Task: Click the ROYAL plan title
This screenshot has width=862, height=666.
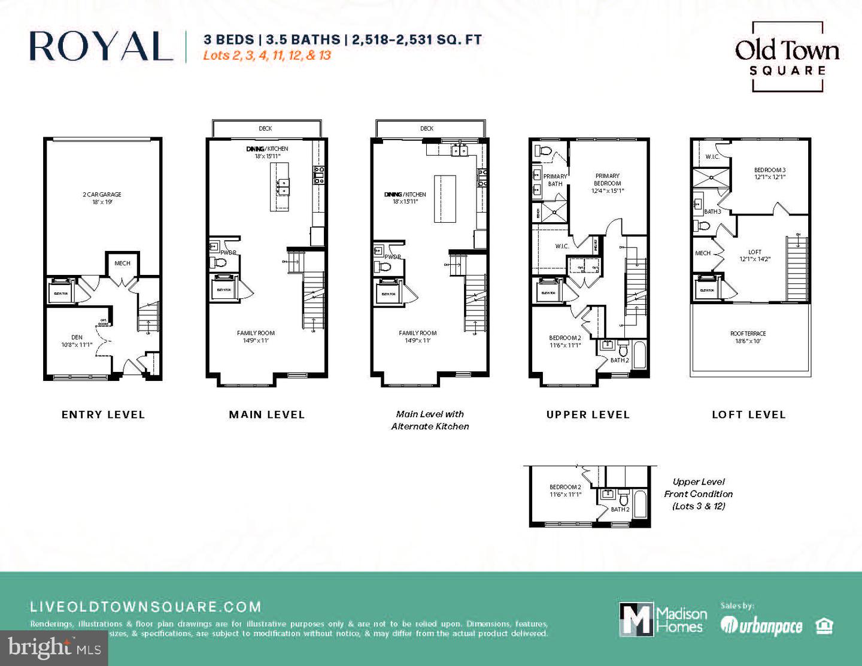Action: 101,46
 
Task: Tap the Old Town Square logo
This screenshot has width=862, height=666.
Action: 787,57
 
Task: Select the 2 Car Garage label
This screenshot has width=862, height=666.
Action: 102,198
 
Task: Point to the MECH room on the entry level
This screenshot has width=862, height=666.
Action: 122,263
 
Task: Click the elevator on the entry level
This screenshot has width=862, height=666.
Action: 60,292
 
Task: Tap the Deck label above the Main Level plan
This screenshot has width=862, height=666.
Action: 265,128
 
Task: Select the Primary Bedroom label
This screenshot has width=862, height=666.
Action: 607,183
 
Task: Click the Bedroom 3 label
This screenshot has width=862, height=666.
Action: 769,173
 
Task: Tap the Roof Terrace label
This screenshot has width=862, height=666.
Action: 748,337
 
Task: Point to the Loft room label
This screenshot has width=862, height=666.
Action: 755,256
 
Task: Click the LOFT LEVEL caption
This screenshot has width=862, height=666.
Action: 748,414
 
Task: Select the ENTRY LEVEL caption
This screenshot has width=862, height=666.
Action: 103,414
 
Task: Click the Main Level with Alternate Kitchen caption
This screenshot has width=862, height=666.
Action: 430,420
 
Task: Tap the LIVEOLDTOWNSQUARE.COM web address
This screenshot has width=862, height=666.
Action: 145,607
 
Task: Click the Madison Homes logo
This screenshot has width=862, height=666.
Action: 663,619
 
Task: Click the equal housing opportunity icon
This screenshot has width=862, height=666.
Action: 824,626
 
